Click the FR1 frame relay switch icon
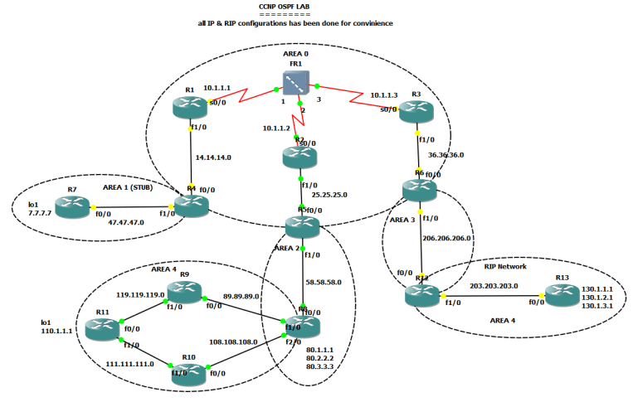(295, 83)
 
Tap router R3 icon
(415, 114)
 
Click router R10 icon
(188, 371)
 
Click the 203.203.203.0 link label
(495, 284)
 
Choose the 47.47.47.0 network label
(128, 222)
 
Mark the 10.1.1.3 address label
(387, 94)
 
